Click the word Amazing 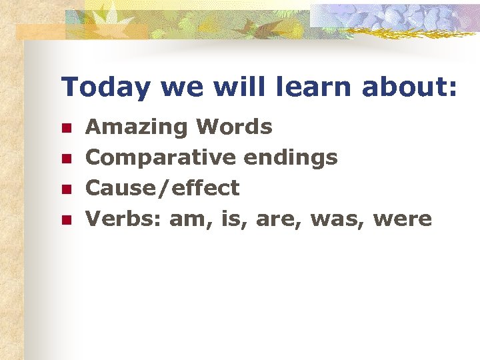[137, 127]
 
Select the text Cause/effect [163, 189]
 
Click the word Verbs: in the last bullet [124, 219]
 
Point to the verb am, [189, 219]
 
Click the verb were [403, 219]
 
